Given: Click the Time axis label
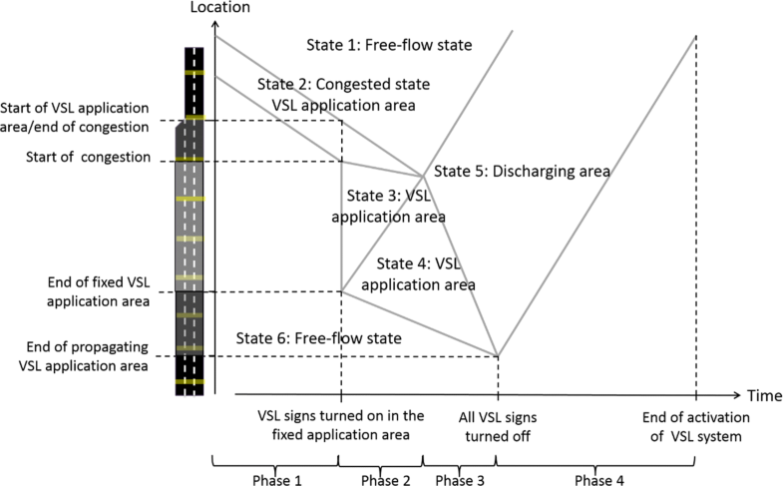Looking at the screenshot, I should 760,396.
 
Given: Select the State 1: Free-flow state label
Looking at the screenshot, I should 389,45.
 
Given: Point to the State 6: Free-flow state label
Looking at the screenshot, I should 318,338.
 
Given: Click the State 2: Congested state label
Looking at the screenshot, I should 336,84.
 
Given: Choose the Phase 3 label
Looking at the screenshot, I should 459,478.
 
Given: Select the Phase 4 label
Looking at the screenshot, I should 595,478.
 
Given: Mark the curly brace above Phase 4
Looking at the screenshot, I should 595,461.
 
